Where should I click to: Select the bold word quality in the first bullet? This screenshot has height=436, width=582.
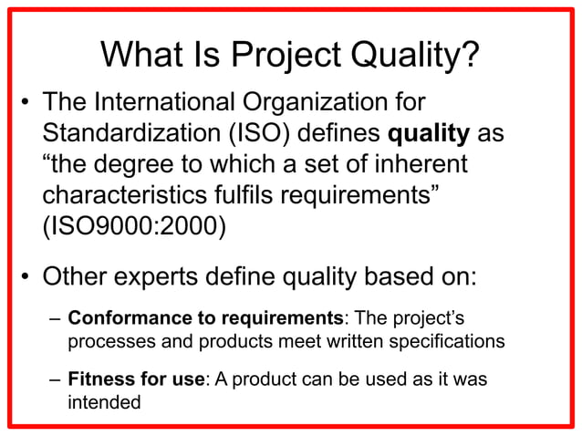429,134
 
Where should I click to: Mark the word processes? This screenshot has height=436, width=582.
107,341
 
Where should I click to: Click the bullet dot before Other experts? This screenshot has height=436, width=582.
26,275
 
